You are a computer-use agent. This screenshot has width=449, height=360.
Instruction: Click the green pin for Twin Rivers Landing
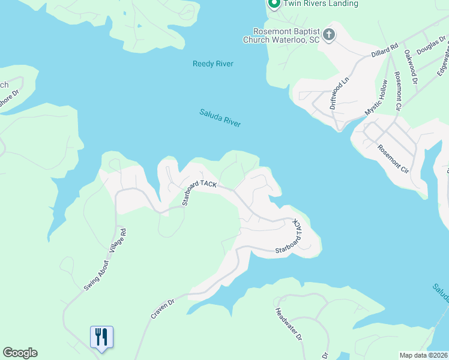[x=274, y=4]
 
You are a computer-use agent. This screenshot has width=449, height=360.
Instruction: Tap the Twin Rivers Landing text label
[x=321, y=4]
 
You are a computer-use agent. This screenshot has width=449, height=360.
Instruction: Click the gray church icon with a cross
[x=328, y=35]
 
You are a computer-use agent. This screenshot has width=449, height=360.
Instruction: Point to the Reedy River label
[x=212, y=64]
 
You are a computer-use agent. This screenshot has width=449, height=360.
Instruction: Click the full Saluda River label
[x=220, y=118]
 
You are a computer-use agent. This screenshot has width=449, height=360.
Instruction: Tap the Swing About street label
[x=97, y=275]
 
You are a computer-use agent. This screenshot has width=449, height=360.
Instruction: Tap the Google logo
[x=20, y=353]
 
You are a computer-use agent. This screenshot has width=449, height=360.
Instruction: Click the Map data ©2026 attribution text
[x=423, y=355]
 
